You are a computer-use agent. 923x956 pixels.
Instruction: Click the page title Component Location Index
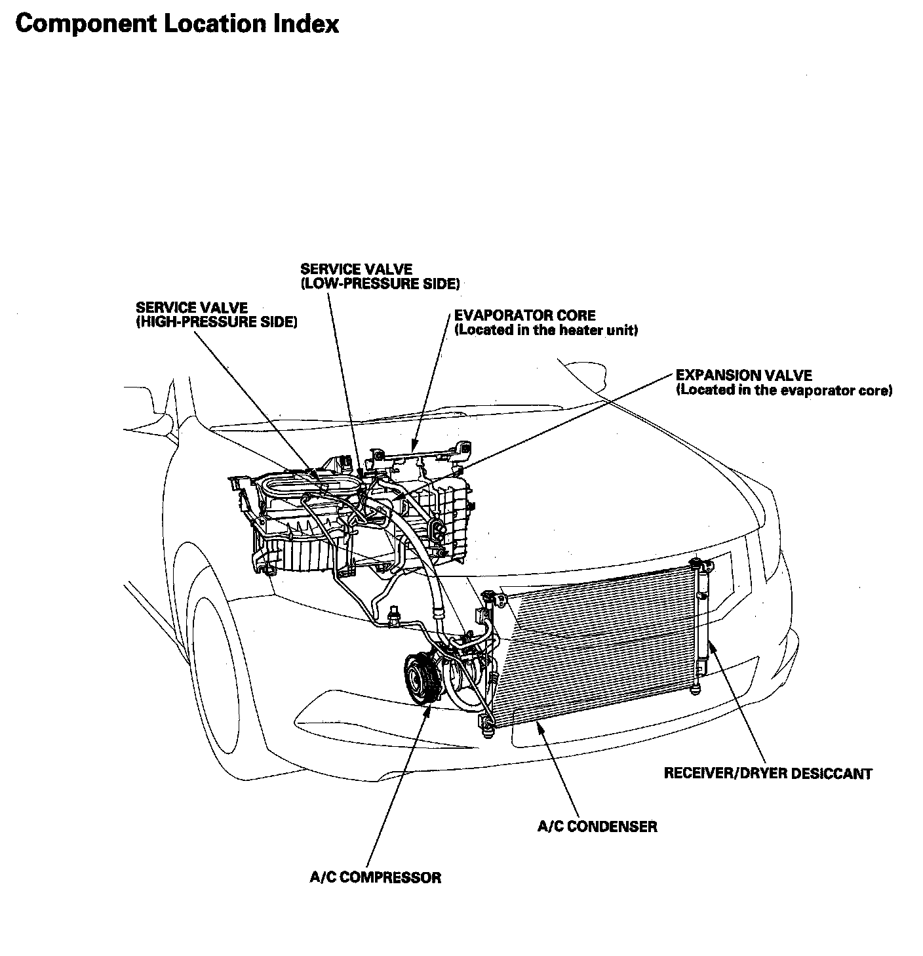pos(177,24)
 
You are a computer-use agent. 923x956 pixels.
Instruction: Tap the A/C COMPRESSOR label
pos(375,877)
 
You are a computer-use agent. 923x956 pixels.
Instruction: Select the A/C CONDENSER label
pos(597,826)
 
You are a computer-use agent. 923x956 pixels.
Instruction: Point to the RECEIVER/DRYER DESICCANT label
pos(768,774)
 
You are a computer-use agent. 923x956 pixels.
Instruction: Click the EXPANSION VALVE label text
pos(743,376)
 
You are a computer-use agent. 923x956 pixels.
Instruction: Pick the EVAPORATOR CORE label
pos(524,315)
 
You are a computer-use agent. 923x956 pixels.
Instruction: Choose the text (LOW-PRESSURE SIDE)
pos(380,284)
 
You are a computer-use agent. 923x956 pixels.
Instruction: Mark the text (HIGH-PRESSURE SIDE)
pos(216,322)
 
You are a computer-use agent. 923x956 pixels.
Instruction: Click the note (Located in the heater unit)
pos(546,330)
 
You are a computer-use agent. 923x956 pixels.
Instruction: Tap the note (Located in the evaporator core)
pos(784,391)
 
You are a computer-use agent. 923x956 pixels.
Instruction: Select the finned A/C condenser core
pos(597,649)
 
